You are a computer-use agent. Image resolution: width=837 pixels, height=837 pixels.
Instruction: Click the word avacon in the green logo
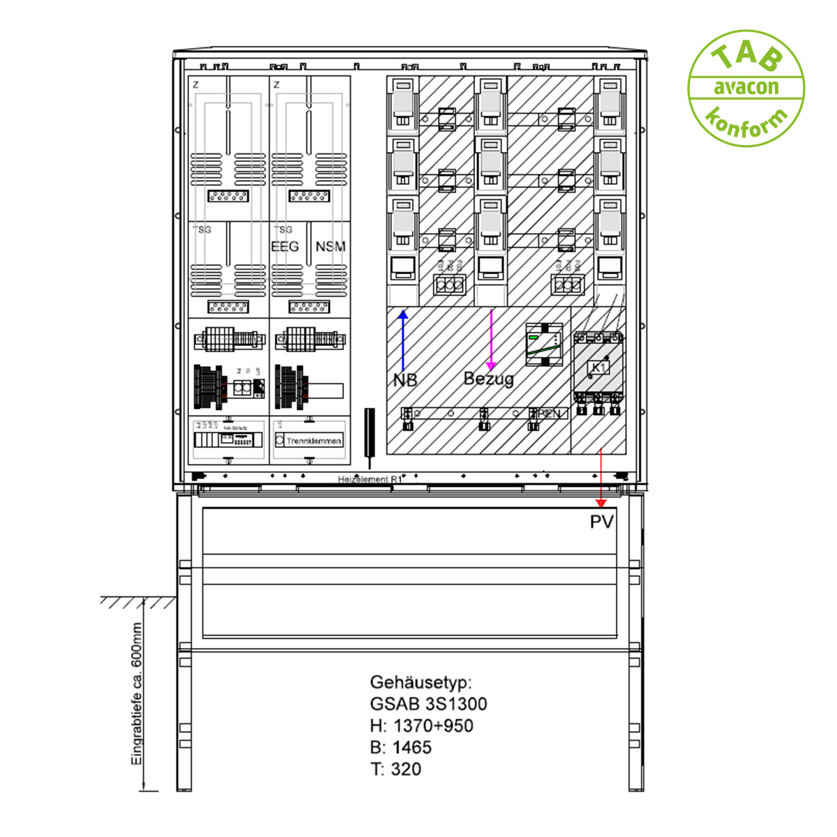pos(746,88)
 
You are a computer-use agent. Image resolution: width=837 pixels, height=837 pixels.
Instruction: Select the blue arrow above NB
pos(402,341)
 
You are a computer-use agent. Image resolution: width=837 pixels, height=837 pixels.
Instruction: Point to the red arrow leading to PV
pos(601,478)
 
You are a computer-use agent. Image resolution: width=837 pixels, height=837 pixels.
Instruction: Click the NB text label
pos(405,380)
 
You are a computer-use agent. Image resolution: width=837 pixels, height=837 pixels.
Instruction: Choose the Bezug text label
pos(488,379)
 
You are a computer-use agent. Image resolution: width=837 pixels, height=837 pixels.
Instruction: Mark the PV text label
pos(602,522)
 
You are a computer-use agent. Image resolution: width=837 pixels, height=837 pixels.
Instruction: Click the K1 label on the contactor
pos(598,368)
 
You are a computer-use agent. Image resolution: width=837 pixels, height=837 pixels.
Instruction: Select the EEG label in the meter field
pos(285,247)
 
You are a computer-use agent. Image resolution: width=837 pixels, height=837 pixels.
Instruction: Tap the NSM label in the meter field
pos(330,247)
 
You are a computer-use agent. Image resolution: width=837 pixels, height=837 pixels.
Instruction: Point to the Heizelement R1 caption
pos(370,480)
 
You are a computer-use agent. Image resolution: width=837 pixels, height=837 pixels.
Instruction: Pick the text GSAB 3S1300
pos(428,704)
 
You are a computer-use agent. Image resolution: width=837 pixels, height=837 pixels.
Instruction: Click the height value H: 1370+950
pos(421,725)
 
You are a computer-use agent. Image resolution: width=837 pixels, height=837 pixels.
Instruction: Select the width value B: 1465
pos(401,747)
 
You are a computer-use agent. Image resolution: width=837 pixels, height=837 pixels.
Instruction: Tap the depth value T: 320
pos(395,769)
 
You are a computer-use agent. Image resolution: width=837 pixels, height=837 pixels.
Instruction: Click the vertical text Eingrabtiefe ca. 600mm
pos(137,694)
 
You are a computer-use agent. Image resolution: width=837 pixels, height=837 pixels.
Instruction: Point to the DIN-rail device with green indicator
pos(544,345)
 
